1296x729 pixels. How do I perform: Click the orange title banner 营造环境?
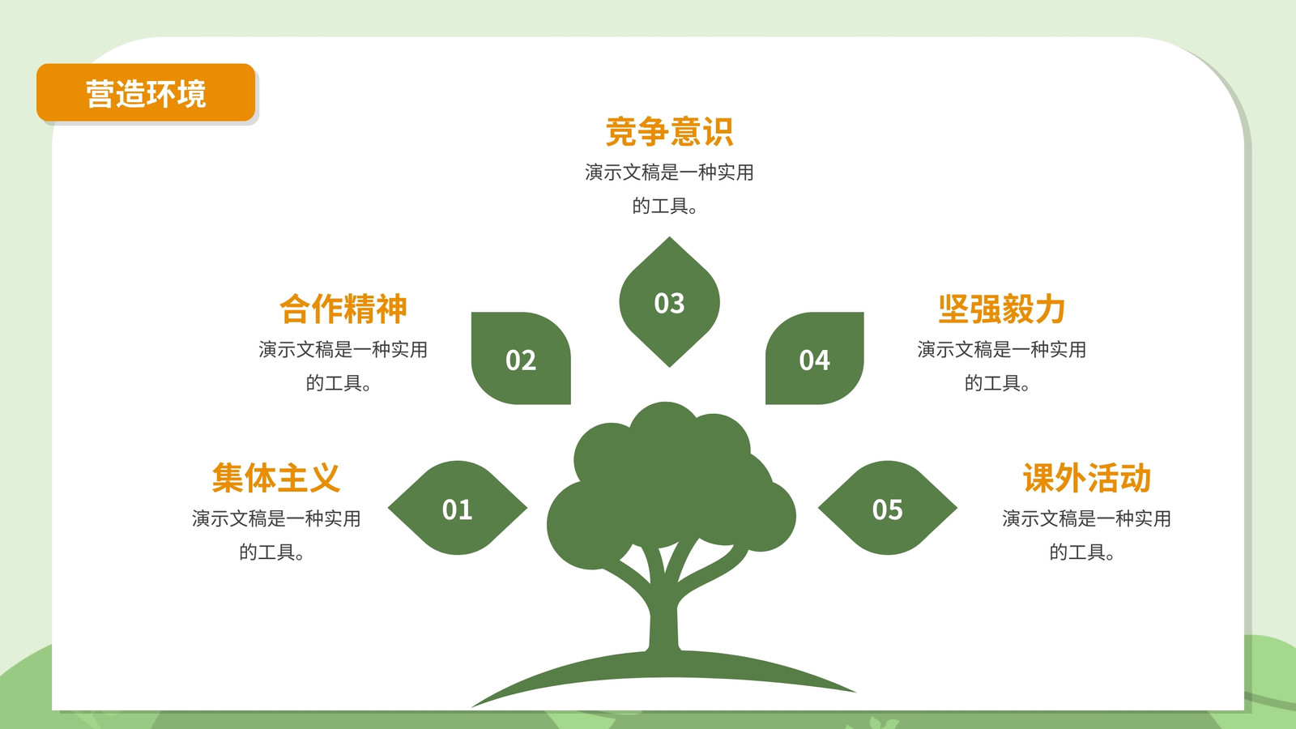point(146,92)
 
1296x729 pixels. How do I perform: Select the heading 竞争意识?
point(669,131)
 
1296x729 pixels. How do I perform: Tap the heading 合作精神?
point(343,309)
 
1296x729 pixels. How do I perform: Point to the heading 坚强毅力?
point(1001,309)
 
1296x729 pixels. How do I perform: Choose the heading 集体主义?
point(276,477)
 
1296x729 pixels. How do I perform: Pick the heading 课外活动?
point(1086,477)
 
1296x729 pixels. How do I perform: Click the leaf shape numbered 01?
point(457,508)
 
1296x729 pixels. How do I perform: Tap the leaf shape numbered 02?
point(521,358)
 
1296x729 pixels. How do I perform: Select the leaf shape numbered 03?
point(669,302)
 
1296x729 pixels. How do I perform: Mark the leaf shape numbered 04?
point(815,358)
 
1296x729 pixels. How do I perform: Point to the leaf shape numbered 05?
point(888,508)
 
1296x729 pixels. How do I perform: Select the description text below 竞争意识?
point(669,189)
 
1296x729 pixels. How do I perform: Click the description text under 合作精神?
point(343,365)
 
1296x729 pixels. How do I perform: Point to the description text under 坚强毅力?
point(1001,365)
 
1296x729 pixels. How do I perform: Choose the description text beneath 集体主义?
point(276,535)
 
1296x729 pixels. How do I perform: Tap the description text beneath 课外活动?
point(1086,535)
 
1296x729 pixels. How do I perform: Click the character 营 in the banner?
point(100,94)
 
